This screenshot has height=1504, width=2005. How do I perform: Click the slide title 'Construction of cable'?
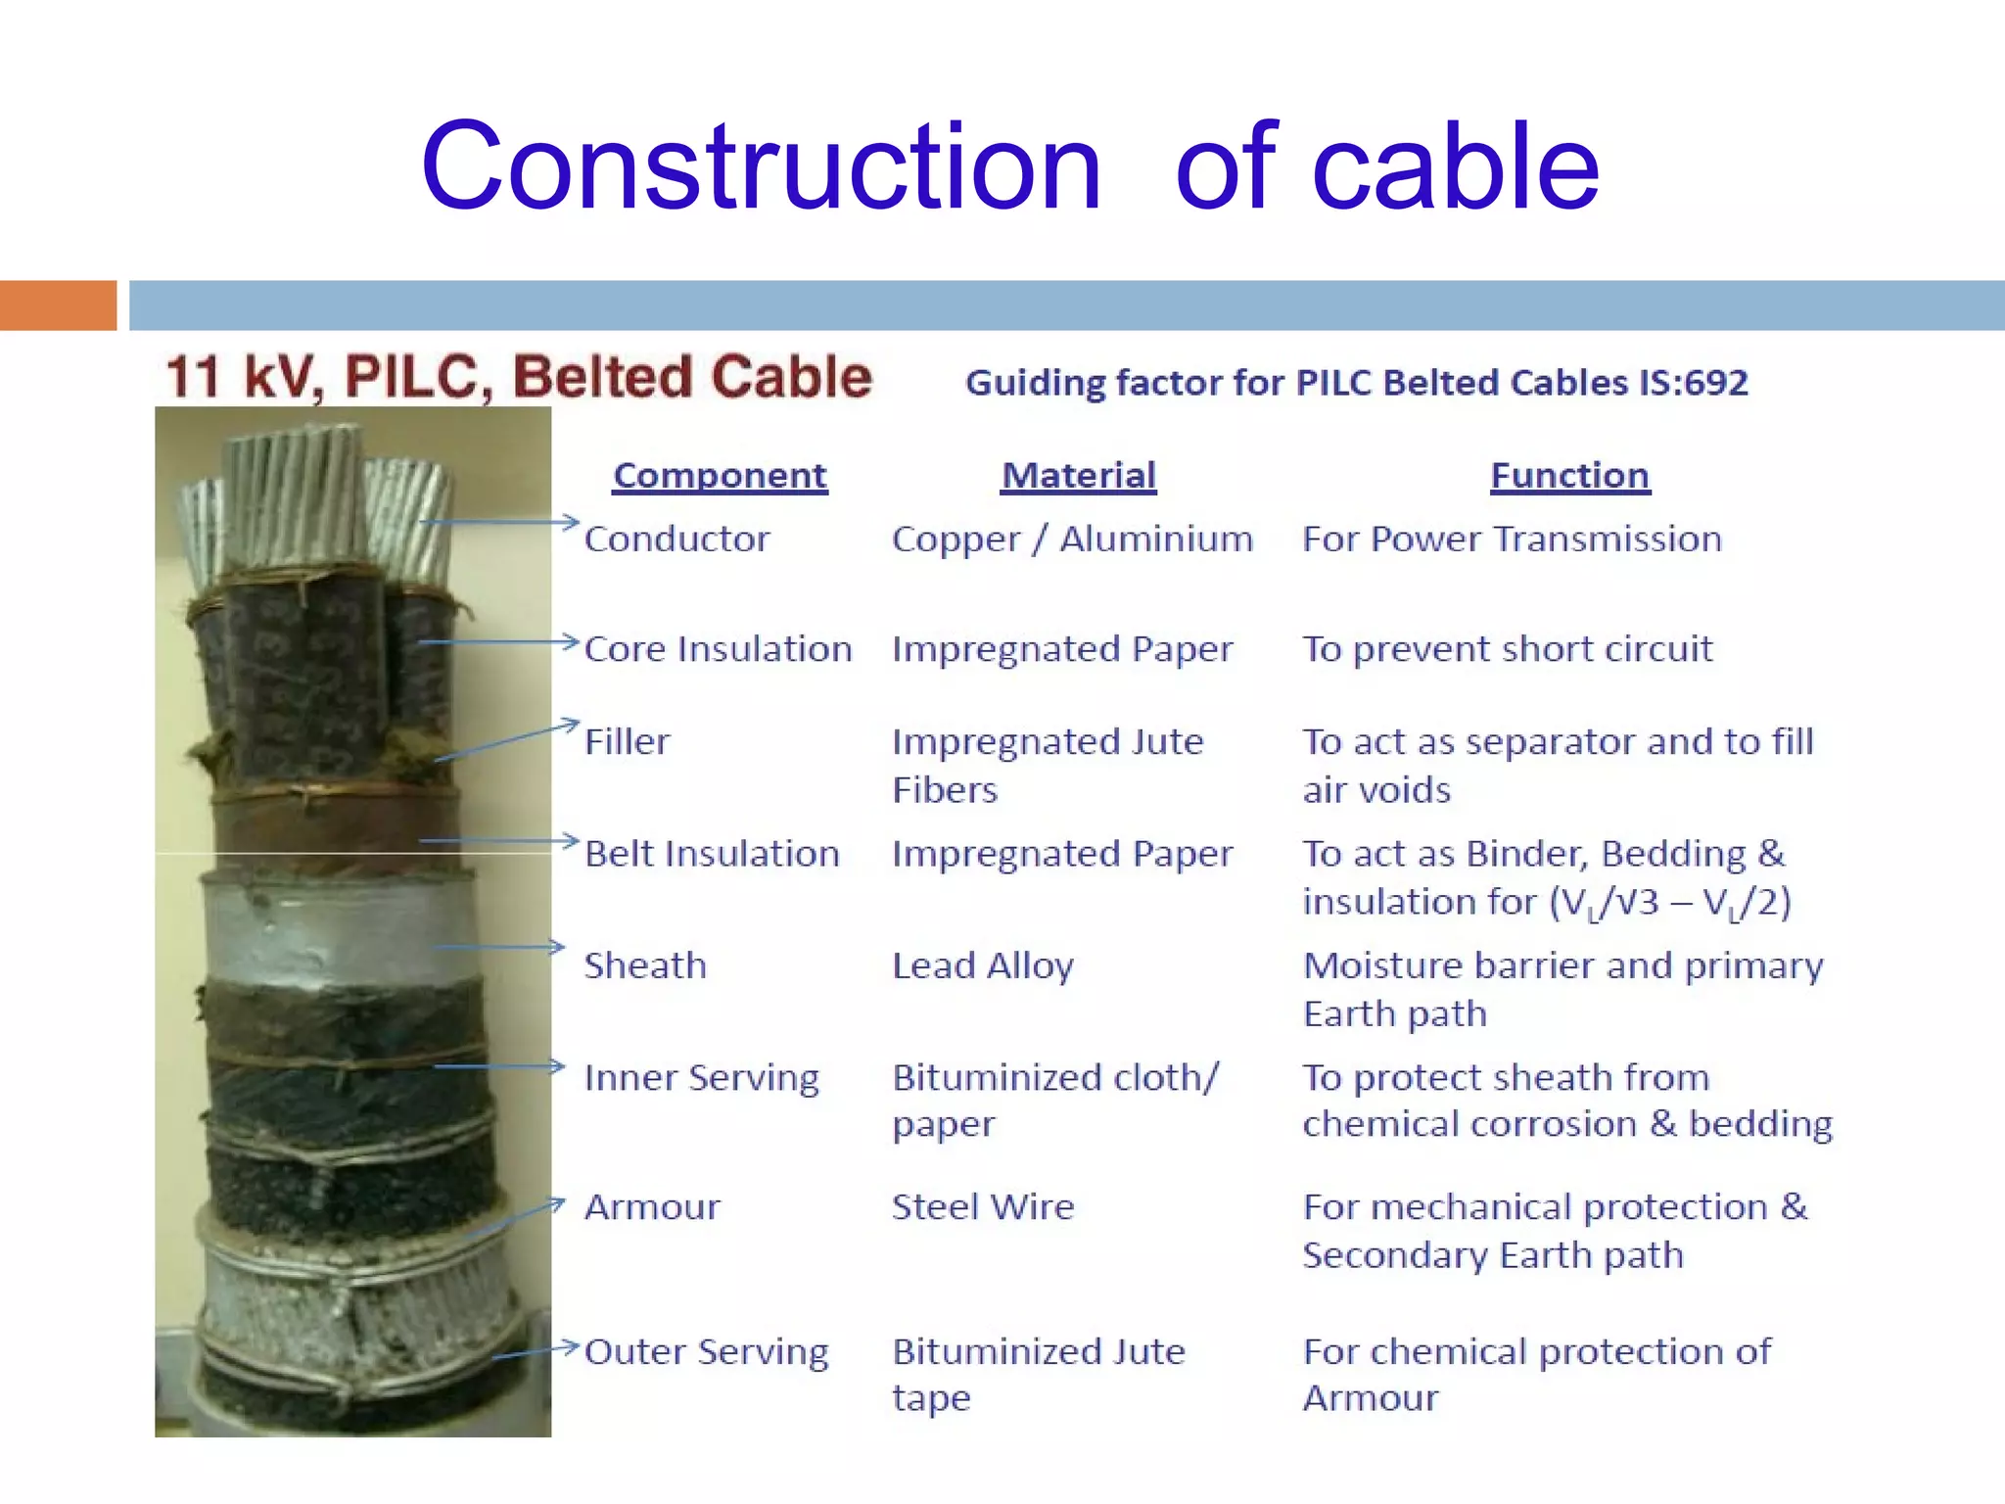click(1009, 166)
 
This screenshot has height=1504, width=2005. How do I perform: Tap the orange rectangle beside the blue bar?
click(58, 305)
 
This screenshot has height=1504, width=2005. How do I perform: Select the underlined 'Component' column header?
click(720, 476)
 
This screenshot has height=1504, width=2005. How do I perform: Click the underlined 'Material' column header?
click(1078, 476)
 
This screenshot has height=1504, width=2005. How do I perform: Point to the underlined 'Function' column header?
click(1569, 476)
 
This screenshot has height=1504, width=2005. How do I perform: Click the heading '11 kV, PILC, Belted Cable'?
click(519, 377)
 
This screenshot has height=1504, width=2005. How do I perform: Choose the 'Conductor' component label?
click(676, 540)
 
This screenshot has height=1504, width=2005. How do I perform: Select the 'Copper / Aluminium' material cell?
click(1072, 540)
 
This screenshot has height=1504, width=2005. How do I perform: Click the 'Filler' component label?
click(628, 741)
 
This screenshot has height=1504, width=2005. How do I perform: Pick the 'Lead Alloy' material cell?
click(983, 966)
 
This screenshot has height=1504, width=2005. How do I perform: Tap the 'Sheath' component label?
click(645, 966)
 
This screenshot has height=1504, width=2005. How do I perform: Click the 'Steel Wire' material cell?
click(983, 1207)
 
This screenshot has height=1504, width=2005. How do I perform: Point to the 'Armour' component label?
click(652, 1207)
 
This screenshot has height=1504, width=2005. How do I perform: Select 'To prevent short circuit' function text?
click(1507, 649)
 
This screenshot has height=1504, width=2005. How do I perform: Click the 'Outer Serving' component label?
click(706, 1352)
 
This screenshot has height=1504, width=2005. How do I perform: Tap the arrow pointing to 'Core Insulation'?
click(499, 642)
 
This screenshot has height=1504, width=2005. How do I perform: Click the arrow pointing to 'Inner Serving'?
click(499, 1065)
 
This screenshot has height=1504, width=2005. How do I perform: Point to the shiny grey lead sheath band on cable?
click(338, 930)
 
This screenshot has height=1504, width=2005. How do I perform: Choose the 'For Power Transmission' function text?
click(1512, 540)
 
